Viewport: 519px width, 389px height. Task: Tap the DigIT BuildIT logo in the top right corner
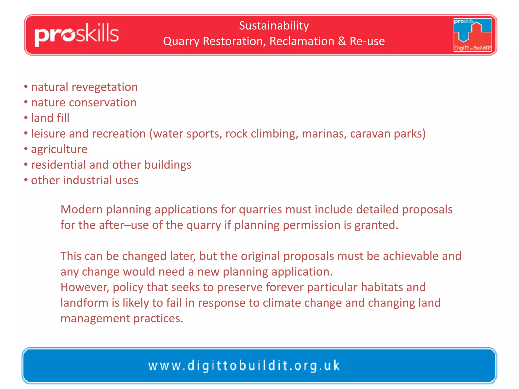click(473, 35)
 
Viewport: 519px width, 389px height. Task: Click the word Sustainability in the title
click(274, 26)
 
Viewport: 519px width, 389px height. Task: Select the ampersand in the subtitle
click(342, 41)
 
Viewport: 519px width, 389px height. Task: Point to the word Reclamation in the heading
click(302, 41)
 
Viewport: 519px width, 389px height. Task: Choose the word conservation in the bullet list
click(103, 103)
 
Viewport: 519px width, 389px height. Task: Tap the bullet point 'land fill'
click(50, 118)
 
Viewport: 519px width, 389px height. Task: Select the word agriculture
click(59, 149)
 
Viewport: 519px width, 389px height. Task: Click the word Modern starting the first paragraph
click(81, 209)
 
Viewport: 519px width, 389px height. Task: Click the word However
click(85, 287)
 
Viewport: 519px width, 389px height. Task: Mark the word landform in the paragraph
click(84, 303)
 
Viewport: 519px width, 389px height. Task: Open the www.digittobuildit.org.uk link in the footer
click(244, 366)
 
